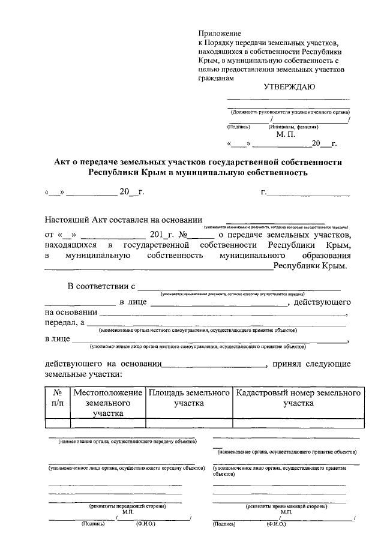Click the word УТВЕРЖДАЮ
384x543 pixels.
click(x=290, y=86)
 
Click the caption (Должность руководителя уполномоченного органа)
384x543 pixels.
click(x=290, y=112)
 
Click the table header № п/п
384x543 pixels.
click(x=58, y=398)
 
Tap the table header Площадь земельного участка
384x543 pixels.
click(x=190, y=398)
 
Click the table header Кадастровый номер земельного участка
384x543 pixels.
click(x=298, y=398)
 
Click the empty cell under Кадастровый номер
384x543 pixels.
click(x=298, y=423)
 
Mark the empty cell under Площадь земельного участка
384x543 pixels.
click(x=190, y=423)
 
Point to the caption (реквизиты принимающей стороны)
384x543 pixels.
click(x=287, y=506)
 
